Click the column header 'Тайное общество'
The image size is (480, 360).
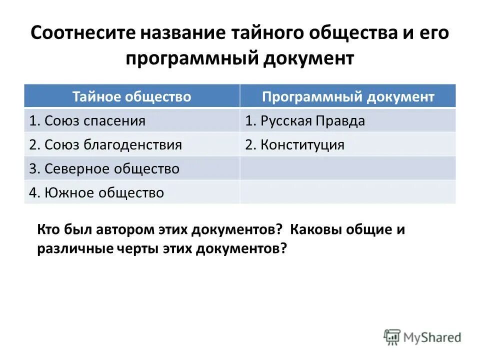[x=131, y=96]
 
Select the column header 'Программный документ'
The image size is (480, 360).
[x=348, y=96]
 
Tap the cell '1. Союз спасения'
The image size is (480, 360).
[x=87, y=121]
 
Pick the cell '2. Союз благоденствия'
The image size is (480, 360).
[x=105, y=145]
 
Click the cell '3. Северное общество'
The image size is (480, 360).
[x=104, y=169]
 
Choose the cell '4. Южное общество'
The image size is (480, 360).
[x=96, y=192]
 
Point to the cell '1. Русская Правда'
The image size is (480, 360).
[x=305, y=121]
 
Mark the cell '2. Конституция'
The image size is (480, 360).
[x=294, y=145]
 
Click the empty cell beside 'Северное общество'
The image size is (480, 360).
[x=347, y=169]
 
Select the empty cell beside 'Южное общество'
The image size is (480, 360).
[x=347, y=192]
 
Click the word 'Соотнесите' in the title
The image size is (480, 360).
[x=82, y=34]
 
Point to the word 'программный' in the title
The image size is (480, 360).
[x=189, y=58]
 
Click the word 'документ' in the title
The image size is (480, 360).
[x=307, y=58]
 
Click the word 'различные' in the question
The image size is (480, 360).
[x=70, y=248]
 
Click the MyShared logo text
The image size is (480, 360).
[x=432, y=337]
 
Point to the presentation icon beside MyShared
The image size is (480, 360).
[x=392, y=337]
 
